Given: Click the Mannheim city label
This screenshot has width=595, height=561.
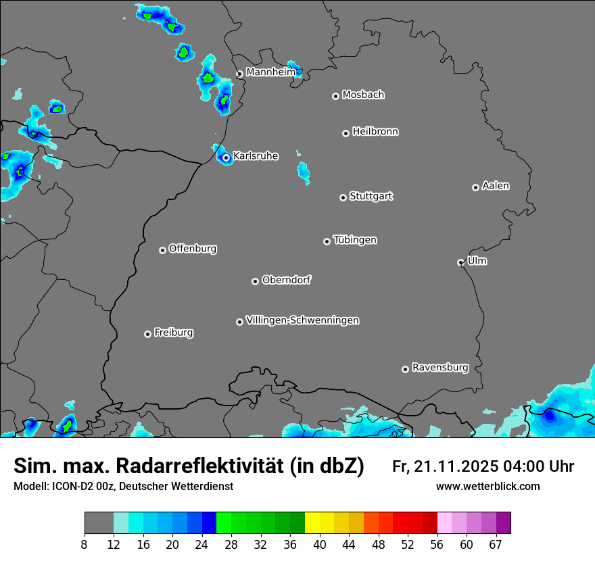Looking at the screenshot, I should click(x=270, y=72).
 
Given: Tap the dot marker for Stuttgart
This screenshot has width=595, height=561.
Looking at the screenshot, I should click(x=343, y=197).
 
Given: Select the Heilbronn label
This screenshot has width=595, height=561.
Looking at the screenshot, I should click(x=375, y=131).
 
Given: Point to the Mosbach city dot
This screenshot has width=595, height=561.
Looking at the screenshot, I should click(x=335, y=96).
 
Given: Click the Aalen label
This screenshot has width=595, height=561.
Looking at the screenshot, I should click(x=496, y=185).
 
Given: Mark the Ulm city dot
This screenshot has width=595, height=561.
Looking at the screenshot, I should click(x=460, y=262).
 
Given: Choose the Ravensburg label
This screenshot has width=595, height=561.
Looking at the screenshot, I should click(x=440, y=368).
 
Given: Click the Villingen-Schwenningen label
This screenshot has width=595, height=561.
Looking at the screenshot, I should click(x=302, y=320).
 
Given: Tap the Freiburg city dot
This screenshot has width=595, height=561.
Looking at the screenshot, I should click(x=147, y=334).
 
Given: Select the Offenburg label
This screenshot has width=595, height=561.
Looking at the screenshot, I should click(x=193, y=248).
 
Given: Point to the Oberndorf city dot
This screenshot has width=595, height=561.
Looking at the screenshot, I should click(x=255, y=281).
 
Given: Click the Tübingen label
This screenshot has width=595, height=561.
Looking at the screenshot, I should click(x=355, y=240).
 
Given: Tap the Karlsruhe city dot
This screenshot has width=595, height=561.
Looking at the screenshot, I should click(x=226, y=157).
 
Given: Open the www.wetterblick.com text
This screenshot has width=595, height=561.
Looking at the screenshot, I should click(x=487, y=486).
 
